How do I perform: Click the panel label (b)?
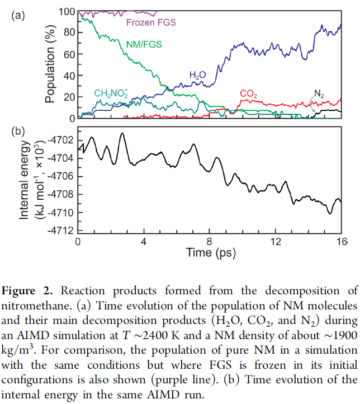(x=18, y=132)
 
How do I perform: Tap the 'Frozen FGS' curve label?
(x=151, y=23)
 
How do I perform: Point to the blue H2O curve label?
(x=197, y=74)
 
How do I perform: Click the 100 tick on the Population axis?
(x=67, y=12)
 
